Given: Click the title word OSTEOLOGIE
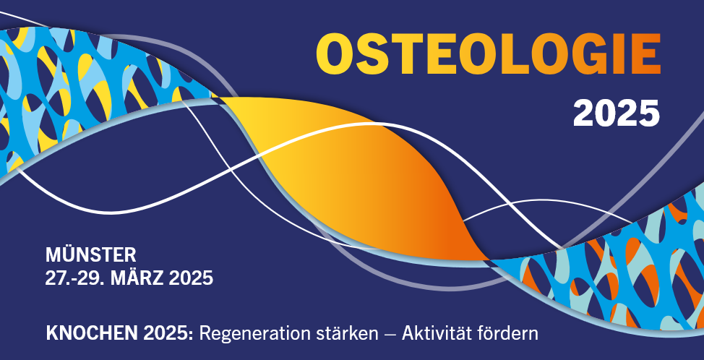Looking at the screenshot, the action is tap(489, 54).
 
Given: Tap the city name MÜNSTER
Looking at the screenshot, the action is tap(90, 255).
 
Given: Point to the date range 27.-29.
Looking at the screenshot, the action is tap(75, 278).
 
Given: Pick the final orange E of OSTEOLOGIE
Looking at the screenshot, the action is tap(646, 54).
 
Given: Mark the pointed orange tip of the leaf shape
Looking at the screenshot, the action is tap(489, 260).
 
